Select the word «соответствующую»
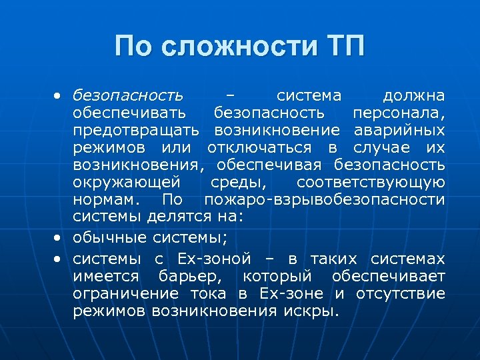point(371,181)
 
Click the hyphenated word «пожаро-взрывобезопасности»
point(325,199)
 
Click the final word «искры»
point(313,311)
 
